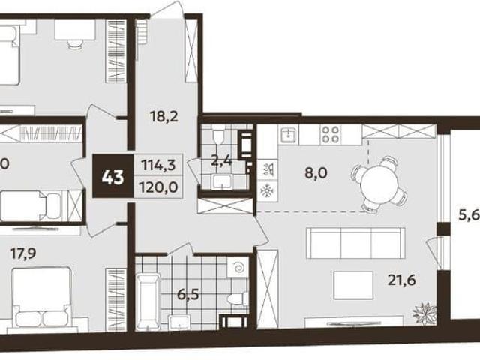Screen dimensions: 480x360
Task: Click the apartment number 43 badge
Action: tap(113, 176)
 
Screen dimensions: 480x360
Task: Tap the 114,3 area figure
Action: tap(158, 166)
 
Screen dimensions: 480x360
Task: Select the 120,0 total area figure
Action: tap(158, 187)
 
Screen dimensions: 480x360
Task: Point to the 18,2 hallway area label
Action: tap(164, 116)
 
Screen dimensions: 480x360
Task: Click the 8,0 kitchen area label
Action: tap(316, 173)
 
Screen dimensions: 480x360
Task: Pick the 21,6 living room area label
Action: tap(402, 280)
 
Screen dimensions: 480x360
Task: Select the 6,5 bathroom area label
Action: tap(188, 295)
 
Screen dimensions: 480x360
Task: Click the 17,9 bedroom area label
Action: tap(23, 253)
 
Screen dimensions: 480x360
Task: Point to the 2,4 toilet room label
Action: tap(222, 161)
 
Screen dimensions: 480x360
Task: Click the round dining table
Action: tap(379, 184)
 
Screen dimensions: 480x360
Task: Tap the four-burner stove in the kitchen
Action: tap(331, 135)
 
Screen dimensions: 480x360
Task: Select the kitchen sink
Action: tap(289, 135)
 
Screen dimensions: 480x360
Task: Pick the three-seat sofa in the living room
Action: tap(355, 244)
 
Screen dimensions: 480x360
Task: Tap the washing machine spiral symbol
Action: tap(238, 268)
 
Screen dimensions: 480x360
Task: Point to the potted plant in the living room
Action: tap(425, 313)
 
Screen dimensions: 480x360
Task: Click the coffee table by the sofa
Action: tap(353, 285)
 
